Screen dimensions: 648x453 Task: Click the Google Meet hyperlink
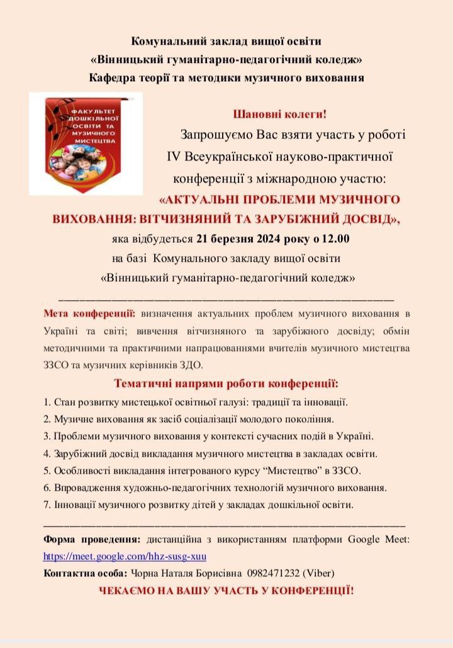125,557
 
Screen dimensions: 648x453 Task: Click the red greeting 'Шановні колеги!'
280,115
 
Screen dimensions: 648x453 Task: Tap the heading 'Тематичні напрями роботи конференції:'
226,383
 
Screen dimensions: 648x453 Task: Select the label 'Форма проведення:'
92,540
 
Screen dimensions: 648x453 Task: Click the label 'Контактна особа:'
85,573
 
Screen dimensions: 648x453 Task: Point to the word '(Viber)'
319,573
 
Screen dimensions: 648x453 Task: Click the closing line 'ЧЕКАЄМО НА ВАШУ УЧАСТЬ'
226,591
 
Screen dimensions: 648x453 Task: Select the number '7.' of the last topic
48,505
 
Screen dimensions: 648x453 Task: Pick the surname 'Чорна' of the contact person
145,573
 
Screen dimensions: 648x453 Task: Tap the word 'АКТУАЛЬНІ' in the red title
203,200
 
